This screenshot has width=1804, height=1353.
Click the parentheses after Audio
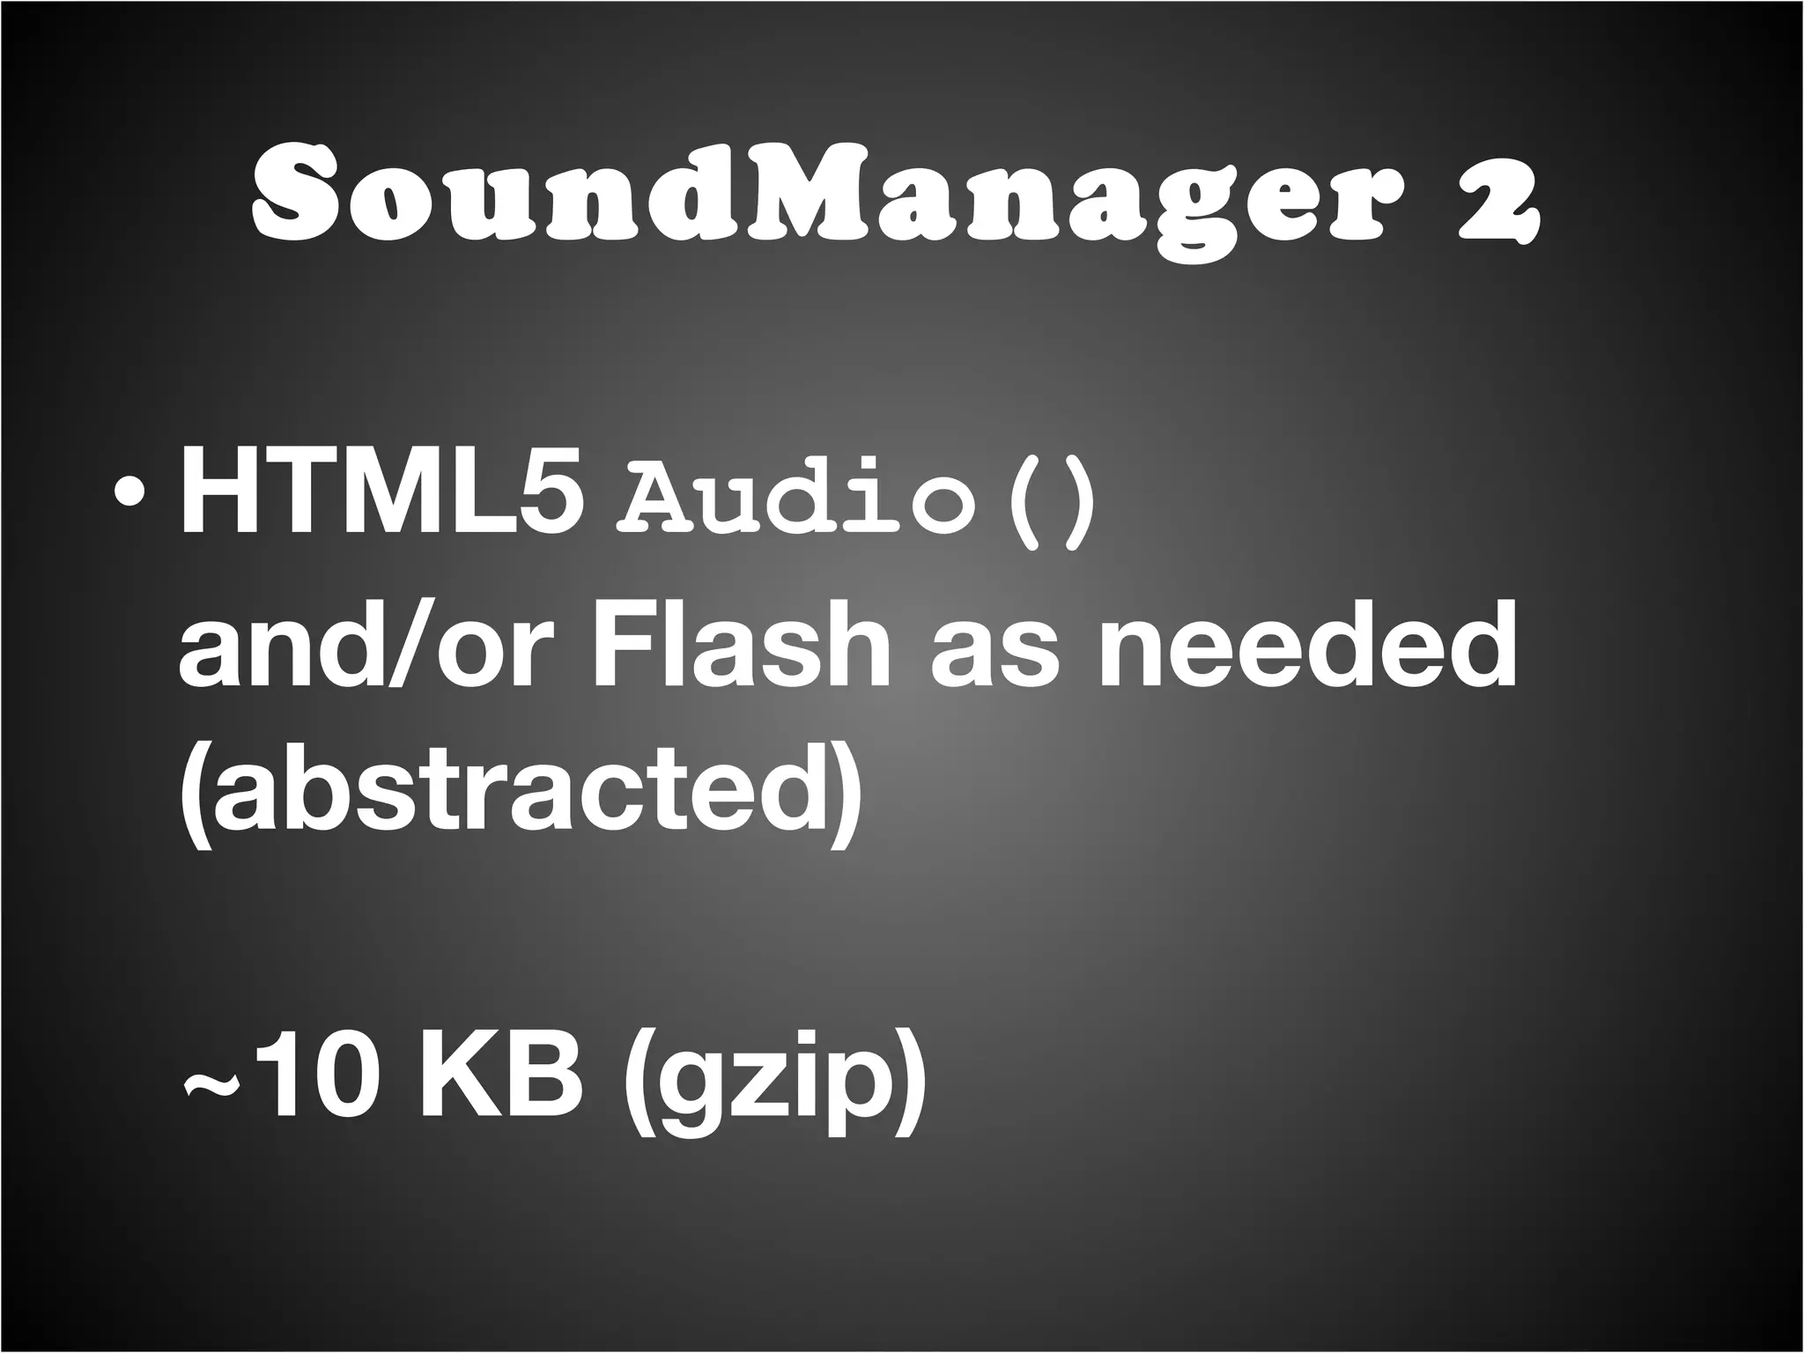point(1048,502)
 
